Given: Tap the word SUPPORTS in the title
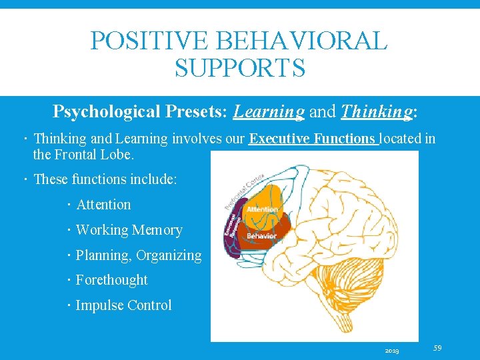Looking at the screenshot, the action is [239, 67].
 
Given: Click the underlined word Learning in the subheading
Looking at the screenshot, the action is [269, 111].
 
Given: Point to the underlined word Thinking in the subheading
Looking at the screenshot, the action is [376, 111].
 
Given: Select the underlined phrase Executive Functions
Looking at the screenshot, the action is [313, 139].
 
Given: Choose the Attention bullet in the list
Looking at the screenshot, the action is [103, 205].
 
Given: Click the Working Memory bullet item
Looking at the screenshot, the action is [129, 230].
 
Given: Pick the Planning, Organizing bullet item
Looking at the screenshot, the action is [138, 255].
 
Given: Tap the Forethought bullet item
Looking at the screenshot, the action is [111, 280].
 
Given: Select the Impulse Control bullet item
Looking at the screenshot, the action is [123, 305].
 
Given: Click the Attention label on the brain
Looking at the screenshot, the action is [262, 209].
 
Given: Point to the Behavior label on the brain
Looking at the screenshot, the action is [261, 235].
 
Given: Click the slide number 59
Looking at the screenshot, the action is [437, 347].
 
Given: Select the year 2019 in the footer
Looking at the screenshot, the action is [392, 350].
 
